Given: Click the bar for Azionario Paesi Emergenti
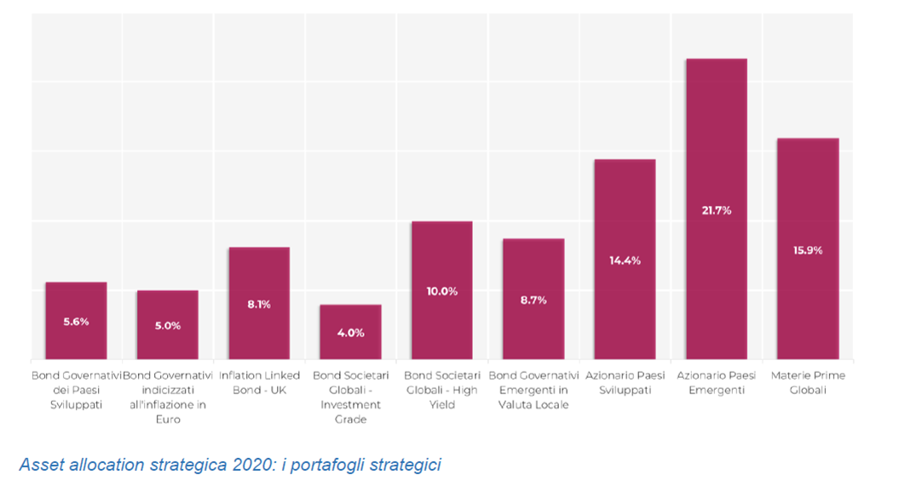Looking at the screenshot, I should (x=716, y=153).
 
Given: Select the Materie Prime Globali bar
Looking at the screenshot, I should (x=807, y=196).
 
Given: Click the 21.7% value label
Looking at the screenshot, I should (x=716, y=210).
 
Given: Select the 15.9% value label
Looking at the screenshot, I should (x=807, y=250).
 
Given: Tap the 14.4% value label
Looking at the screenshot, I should (x=625, y=260).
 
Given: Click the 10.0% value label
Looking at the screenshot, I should (x=441, y=291).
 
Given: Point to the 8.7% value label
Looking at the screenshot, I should (x=533, y=300).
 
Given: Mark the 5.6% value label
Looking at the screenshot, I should (x=76, y=322).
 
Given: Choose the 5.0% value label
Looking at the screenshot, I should (x=167, y=325).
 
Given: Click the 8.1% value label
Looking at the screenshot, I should (x=259, y=304).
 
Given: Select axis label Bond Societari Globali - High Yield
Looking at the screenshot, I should (x=441, y=390).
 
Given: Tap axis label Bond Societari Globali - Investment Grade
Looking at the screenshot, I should (x=350, y=397).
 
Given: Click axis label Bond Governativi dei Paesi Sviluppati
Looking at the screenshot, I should (x=76, y=390).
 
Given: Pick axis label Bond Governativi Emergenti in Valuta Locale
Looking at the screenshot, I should (x=533, y=390).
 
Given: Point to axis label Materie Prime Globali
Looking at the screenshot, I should (x=807, y=382).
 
